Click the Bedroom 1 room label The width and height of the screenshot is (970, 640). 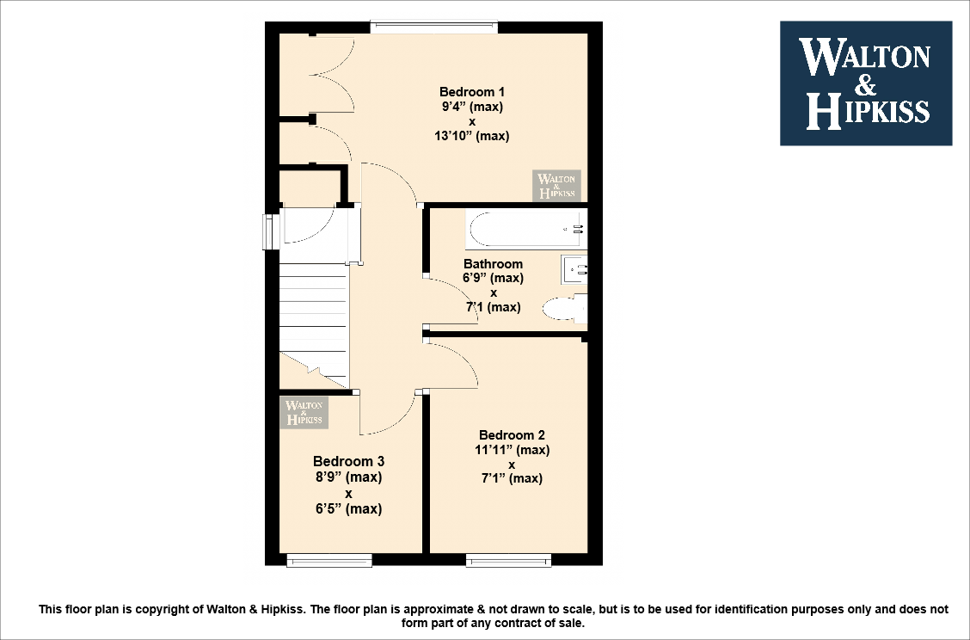pyautogui.click(x=472, y=92)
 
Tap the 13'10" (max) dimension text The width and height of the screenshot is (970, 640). pyautogui.click(x=472, y=136)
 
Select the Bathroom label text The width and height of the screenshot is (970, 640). pyautogui.click(x=493, y=264)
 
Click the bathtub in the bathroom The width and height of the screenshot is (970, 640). pyautogui.click(x=526, y=229)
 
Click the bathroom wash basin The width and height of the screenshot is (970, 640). pyautogui.click(x=574, y=270)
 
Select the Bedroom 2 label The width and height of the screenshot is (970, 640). pyautogui.click(x=512, y=435)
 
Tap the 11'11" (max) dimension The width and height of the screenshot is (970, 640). pyautogui.click(x=512, y=450)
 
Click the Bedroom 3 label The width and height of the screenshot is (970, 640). pyautogui.click(x=348, y=461)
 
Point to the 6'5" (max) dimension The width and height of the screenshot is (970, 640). pyautogui.click(x=348, y=508)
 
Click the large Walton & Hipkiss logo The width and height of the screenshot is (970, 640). pyautogui.click(x=865, y=83)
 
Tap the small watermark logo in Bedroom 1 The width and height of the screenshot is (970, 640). pyautogui.click(x=556, y=185)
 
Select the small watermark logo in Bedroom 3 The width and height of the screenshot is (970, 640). pyautogui.click(x=304, y=411)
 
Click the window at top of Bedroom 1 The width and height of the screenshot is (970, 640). pyautogui.click(x=434, y=28)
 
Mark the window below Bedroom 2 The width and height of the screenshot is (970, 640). pyautogui.click(x=508, y=561)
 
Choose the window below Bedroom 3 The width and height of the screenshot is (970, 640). pyautogui.click(x=329, y=561)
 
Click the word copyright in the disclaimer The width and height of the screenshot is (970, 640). pyautogui.click(x=166, y=610)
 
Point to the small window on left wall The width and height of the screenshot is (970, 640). pyautogui.click(x=268, y=231)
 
